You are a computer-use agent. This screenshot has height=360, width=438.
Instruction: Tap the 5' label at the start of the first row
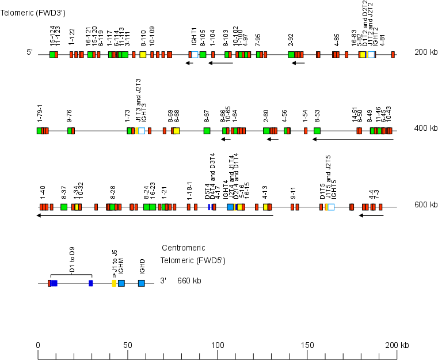[29, 52]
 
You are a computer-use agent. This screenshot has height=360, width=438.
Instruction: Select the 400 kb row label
[425, 128]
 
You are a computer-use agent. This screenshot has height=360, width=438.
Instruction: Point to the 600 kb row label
[425, 204]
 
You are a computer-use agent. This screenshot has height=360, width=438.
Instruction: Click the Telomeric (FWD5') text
[193, 261]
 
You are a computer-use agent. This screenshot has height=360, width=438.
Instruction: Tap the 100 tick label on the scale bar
[217, 345]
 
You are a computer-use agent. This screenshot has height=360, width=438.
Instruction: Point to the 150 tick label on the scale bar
[307, 345]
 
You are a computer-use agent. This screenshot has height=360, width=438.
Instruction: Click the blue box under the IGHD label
[142, 283]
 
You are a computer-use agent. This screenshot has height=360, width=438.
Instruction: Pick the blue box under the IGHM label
[121, 283]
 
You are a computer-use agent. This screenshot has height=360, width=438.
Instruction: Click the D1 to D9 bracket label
[72, 262]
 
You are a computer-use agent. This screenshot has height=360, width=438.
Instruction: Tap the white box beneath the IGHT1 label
[195, 55]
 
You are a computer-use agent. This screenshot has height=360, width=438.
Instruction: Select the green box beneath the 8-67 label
[207, 131]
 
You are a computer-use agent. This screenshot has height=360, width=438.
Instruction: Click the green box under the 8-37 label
[64, 207]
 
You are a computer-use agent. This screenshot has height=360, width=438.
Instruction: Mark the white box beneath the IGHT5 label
[331, 207]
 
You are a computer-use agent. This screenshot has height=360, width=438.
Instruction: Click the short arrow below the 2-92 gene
[298, 63]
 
